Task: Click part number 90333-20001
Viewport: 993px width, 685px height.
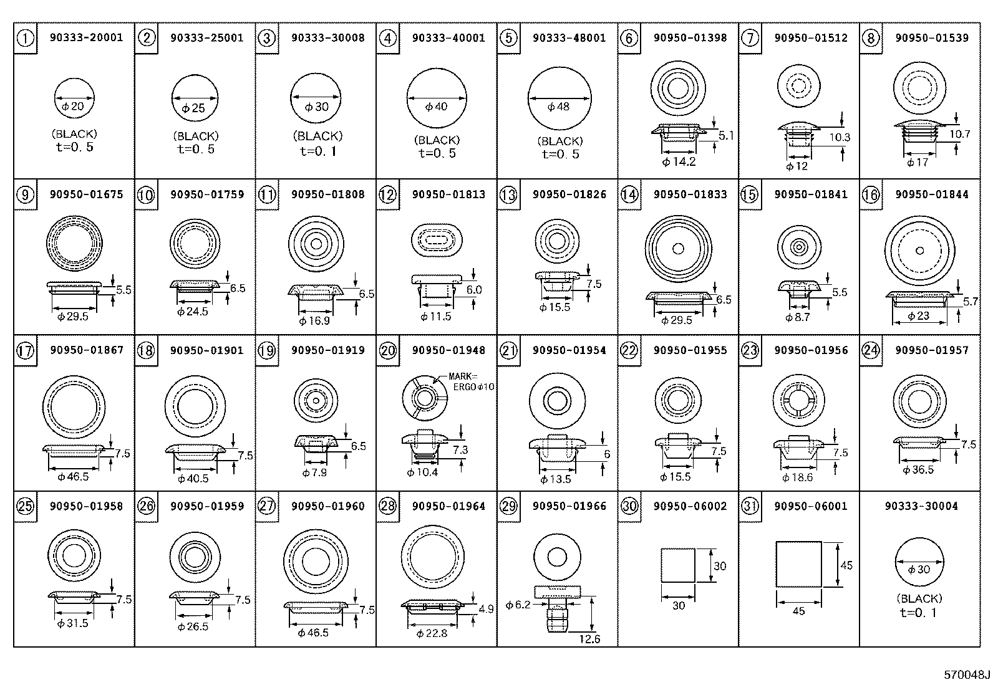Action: click(x=86, y=37)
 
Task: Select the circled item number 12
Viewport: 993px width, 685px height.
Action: click(x=388, y=195)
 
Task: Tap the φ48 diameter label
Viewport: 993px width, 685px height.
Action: click(x=558, y=107)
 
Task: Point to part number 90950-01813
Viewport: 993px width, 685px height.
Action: click(x=448, y=194)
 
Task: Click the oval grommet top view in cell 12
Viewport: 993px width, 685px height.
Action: click(x=436, y=240)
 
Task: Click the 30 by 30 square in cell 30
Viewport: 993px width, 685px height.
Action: click(x=677, y=565)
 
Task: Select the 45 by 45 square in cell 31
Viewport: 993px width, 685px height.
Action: click(x=798, y=564)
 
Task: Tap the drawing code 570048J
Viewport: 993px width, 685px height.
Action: click(x=966, y=674)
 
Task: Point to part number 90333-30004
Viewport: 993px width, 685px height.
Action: click(x=921, y=506)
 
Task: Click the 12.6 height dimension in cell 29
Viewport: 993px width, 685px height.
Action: click(x=589, y=639)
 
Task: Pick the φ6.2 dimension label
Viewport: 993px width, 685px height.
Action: click(x=518, y=605)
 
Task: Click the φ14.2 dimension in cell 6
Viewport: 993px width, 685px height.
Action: click(x=679, y=162)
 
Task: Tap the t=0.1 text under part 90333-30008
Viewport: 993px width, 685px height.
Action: click(x=318, y=151)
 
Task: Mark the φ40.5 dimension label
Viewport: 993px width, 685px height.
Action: click(x=193, y=479)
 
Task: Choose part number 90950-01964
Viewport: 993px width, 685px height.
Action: click(x=448, y=506)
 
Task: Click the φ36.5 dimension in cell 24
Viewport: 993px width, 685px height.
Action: click(x=919, y=469)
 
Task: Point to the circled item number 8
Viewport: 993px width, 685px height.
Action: click(x=871, y=38)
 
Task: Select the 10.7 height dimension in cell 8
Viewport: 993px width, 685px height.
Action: click(x=959, y=134)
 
